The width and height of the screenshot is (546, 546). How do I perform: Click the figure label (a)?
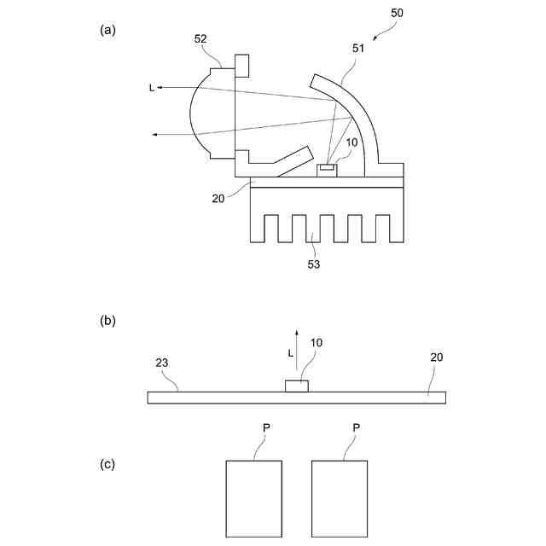pos(107,30)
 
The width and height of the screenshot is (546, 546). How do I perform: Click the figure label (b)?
pos(107,322)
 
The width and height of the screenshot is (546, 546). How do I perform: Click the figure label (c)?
pos(107,464)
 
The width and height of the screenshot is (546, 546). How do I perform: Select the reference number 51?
pos(357,49)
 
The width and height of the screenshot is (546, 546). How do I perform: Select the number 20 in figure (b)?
pos(436,357)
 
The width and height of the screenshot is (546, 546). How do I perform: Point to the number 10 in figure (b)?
pos(316,343)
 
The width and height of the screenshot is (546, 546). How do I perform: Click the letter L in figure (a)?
pos(152,87)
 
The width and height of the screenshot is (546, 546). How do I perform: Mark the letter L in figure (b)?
pos(290,351)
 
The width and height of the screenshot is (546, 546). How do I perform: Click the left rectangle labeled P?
pos(254,499)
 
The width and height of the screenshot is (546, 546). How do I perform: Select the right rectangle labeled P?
pos(340,499)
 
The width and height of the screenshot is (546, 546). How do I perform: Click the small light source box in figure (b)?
pos(297,386)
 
